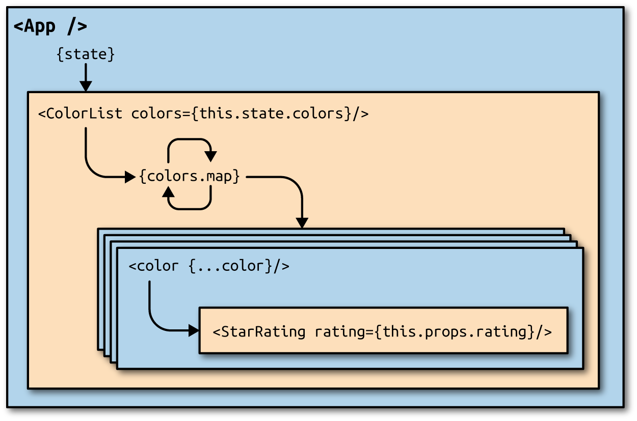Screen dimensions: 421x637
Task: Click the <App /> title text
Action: [50, 26]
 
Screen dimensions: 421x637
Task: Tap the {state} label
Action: [86, 54]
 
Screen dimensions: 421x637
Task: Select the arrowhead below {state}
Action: [86, 87]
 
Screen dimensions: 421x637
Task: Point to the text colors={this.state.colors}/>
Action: [250, 113]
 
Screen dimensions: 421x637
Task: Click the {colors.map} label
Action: [189, 177]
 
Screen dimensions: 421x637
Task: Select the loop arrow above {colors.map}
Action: [190, 145]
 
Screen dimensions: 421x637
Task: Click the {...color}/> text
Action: [239, 266]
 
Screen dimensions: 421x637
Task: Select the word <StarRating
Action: [259, 332]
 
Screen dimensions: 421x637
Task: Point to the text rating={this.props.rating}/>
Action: [433, 332]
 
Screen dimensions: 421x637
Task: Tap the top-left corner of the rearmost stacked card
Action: [99, 230]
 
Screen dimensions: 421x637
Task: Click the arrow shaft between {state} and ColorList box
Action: [86, 73]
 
